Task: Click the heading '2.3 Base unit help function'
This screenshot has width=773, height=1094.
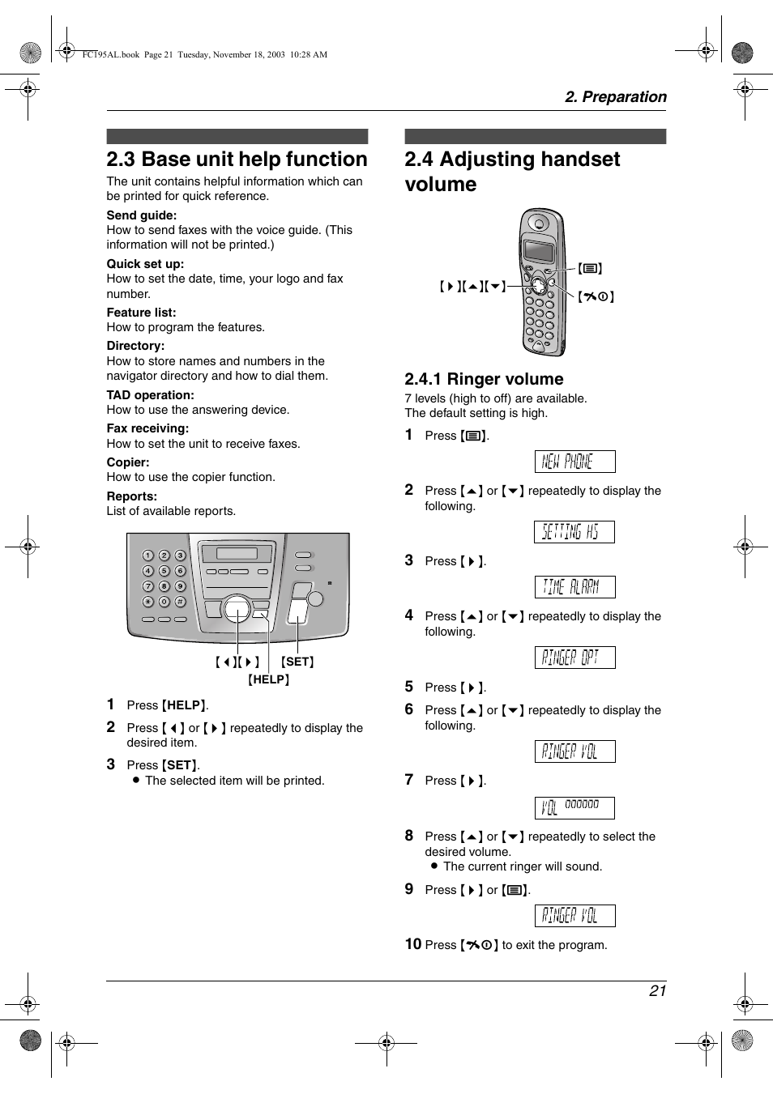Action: pos(237,160)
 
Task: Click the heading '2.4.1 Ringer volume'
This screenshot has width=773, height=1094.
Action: pos(484,379)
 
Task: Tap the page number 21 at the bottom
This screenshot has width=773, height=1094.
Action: pos(657,990)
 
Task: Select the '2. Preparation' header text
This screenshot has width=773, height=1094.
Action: pos(615,97)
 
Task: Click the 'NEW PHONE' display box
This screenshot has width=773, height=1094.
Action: pos(574,462)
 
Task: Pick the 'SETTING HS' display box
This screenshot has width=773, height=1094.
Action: pos(574,532)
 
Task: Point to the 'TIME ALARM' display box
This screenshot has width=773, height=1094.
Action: pos(574,587)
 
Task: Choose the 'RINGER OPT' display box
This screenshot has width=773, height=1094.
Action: pos(574,658)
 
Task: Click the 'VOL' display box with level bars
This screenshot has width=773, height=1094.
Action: pos(574,807)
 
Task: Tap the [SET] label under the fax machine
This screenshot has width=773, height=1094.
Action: pos(297,662)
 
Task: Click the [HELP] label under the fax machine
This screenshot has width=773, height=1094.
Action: pos(268,679)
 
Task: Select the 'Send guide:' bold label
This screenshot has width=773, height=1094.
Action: pos(142,215)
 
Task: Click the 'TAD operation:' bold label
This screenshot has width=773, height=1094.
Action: pos(151,395)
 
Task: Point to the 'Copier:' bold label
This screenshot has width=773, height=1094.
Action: pos(128,462)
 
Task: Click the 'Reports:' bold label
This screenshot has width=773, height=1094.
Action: pos(132,496)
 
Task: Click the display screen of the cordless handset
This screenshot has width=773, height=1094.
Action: pos(538,250)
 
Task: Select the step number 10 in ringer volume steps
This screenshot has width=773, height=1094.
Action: pos(413,944)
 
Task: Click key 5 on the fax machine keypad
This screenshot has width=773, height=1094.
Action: pos(164,571)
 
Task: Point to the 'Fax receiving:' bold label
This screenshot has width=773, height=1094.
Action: pos(147,428)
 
